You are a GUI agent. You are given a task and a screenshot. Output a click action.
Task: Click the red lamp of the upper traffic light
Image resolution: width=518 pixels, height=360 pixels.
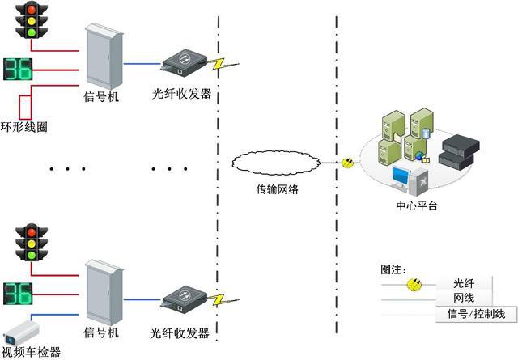(x=32, y=10)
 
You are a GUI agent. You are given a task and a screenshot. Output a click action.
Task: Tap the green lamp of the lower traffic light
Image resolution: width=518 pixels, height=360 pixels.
(x=32, y=255)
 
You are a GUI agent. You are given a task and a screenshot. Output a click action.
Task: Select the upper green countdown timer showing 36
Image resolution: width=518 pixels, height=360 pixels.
(x=18, y=70)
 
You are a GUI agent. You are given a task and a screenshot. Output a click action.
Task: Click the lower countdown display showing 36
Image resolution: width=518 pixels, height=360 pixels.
(x=18, y=294)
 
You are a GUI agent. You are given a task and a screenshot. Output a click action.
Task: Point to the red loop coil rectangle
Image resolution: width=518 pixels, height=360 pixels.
(x=25, y=108)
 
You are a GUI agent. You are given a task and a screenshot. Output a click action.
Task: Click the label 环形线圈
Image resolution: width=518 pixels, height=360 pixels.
(x=23, y=127)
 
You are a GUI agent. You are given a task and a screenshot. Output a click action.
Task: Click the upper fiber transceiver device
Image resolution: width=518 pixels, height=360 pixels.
(x=184, y=63)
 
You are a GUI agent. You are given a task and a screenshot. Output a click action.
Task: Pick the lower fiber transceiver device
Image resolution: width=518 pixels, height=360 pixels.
(x=184, y=299)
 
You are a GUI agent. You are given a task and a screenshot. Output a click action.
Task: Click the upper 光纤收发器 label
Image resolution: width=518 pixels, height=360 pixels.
(x=181, y=94)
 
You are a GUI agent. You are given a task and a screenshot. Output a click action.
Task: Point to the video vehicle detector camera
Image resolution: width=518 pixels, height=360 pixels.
(x=22, y=333)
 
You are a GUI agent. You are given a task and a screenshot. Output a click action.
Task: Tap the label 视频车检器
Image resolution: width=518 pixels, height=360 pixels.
(x=31, y=352)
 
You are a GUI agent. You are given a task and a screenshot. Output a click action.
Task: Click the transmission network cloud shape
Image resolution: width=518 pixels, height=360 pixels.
(x=276, y=163)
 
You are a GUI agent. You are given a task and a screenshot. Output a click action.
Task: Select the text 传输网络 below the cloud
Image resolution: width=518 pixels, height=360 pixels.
(x=277, y=189)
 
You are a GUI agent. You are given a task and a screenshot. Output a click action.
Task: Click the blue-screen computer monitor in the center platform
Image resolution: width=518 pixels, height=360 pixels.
(x=401, y=177)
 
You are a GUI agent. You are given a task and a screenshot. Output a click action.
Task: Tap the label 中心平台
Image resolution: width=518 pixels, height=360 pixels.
(x=417, y=206)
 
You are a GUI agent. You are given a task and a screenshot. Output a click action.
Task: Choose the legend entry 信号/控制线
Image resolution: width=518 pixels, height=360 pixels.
(x=476, y=313)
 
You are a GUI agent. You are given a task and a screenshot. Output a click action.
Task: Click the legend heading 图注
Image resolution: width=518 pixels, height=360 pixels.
(x=393, y=269)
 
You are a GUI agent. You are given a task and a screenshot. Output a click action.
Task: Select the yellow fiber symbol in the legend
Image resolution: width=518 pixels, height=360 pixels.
(x=414, y=285)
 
